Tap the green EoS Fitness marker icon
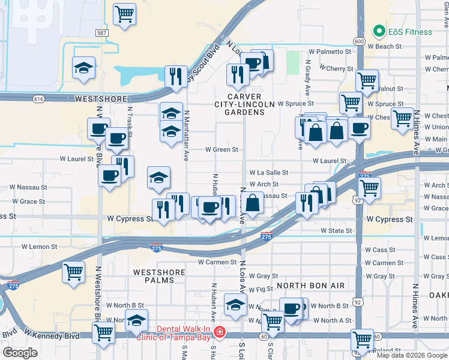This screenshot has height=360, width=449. pos(379,31)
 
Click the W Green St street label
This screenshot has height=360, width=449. pos(222,149)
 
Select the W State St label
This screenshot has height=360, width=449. pos(336,230)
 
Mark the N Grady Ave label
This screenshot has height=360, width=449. pos(307,77)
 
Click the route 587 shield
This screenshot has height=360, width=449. pos(101,32)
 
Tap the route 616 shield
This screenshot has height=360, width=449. pos(39,98)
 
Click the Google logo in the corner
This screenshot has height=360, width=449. pos(20,352)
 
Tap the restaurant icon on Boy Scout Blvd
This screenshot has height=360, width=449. pos(175,77)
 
